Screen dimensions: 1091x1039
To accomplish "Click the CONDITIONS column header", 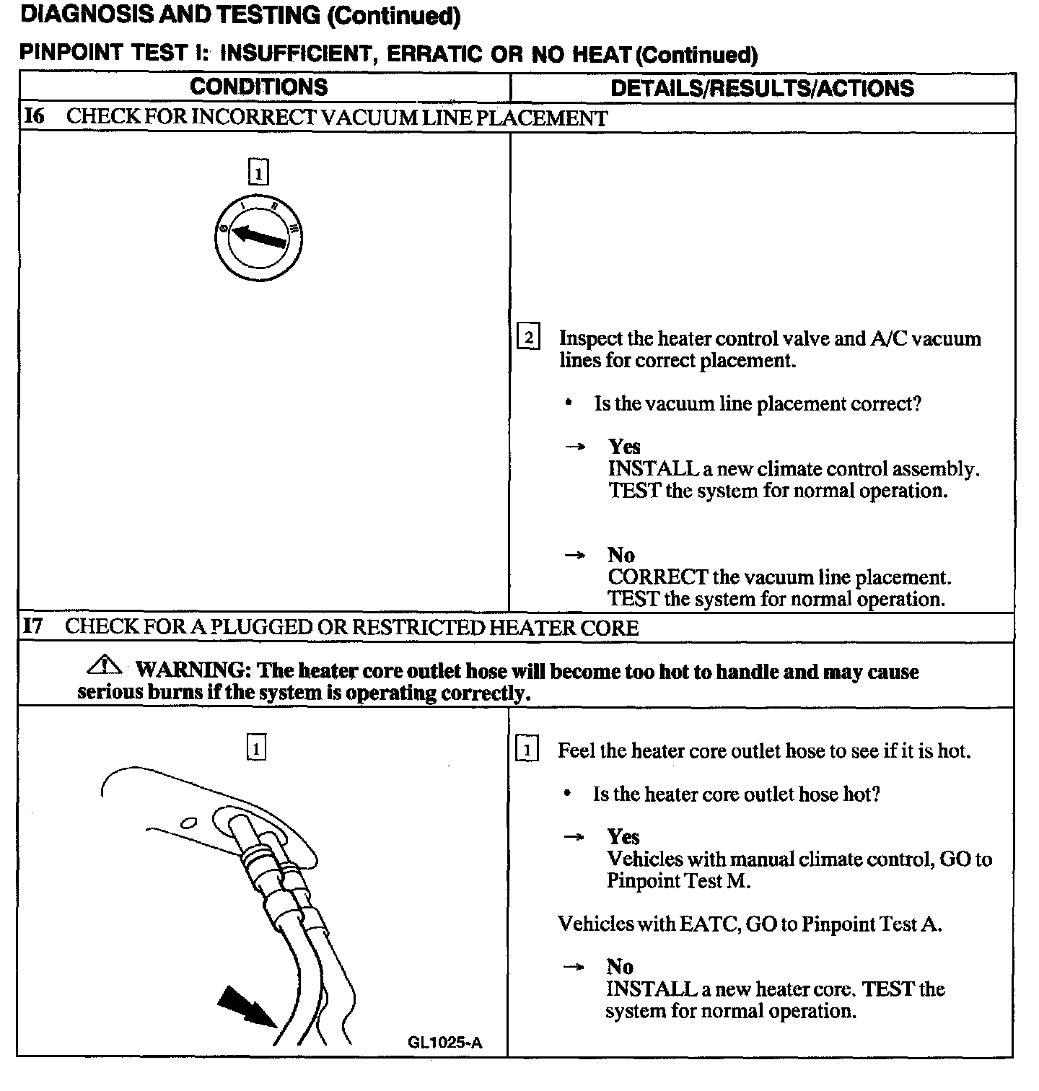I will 258,87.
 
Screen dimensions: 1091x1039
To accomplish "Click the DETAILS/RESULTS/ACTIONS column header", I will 762,88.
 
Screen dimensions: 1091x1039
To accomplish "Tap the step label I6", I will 34,117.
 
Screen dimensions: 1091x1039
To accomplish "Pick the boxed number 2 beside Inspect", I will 529,338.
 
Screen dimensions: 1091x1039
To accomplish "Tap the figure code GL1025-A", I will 445,1042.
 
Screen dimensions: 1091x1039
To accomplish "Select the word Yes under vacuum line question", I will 624,447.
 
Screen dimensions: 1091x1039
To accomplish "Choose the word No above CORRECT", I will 621,555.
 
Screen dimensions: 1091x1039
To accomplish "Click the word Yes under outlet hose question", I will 623,836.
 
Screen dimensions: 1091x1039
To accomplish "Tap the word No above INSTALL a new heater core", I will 620,966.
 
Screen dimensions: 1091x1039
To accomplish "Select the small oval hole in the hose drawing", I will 189,822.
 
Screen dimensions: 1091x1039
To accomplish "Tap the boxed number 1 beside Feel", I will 527,750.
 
